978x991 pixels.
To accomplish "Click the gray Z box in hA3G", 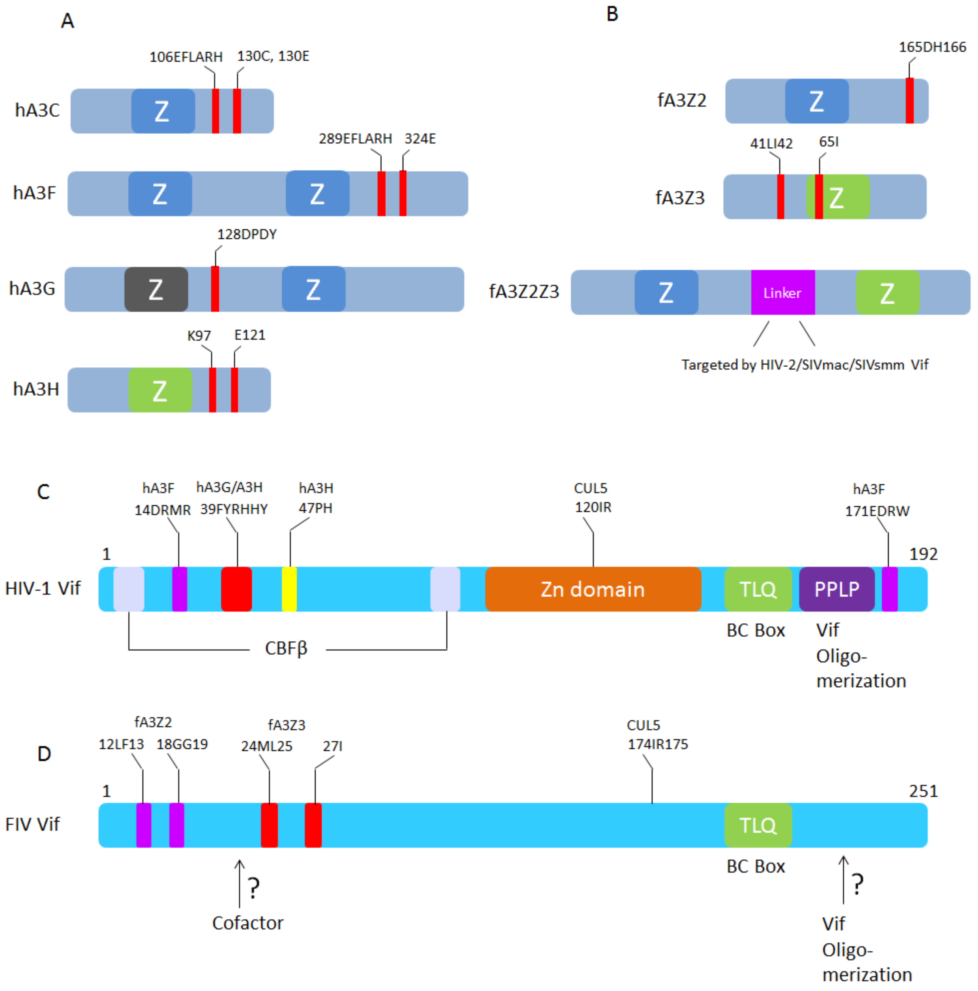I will (x=156, y=289).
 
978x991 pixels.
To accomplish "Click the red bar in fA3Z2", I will (x=909, y=101).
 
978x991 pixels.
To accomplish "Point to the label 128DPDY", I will (x=247, y=234).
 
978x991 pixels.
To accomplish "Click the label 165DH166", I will (x=932, y=47).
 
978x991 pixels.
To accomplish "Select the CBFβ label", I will (x=286, y=648).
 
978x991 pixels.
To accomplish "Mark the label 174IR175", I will (x=657, y=744).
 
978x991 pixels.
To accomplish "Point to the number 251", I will (x=923, y=791).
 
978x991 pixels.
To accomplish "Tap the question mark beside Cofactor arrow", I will (x=254, y=887).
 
